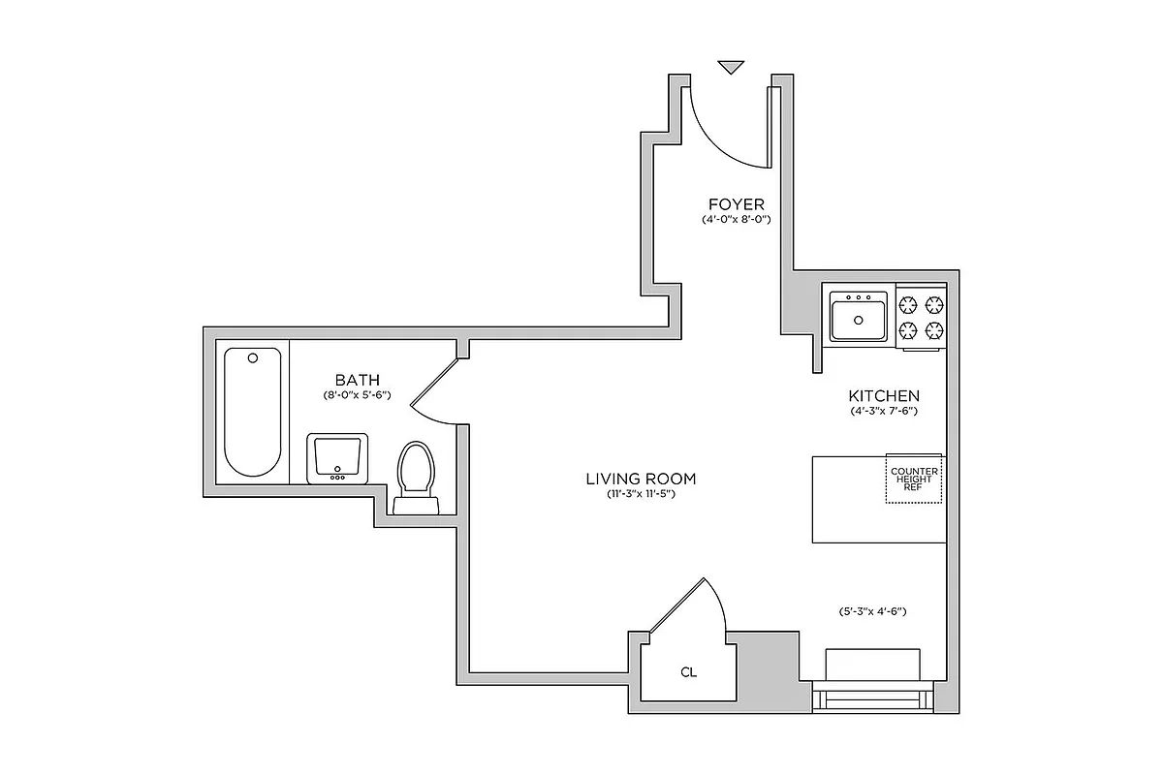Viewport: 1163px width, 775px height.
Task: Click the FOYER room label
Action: [x=736, y=204]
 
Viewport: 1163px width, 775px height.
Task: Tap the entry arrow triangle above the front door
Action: [x=731, y=67]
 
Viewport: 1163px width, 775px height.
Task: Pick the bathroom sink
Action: [x=337, y=457]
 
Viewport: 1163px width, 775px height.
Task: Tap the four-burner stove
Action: [x=921, y=316]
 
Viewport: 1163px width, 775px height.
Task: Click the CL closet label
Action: [x=688, y=671]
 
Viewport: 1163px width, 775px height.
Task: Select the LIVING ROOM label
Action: [x=641, y=479]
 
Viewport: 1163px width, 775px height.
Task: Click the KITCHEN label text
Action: [x=884, y=395]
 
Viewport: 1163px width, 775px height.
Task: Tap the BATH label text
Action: [x=357, y=380]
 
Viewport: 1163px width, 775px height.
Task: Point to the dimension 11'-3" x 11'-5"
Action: [x=641, y=495]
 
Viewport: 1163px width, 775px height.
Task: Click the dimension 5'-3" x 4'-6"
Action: [x=873, y=611]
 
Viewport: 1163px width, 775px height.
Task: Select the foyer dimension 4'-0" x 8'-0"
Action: [x=736, y=220]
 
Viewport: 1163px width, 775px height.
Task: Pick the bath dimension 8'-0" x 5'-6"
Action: [x=357, y=395]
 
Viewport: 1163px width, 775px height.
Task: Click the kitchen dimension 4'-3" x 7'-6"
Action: [x=884, y=411]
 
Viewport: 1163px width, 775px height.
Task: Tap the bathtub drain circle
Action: [x=253, y=357]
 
